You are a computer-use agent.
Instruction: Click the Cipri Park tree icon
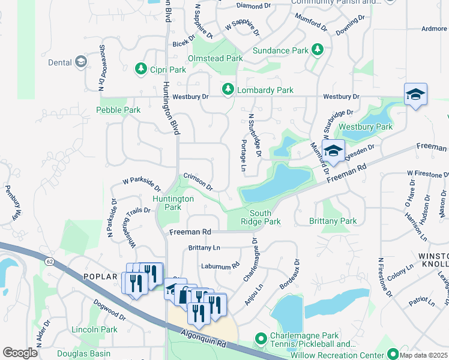coord(141,69)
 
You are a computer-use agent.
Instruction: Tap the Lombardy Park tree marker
coord(228,90)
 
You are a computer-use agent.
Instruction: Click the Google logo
coord(20,353)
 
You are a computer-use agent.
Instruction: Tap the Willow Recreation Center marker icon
coord(393,354)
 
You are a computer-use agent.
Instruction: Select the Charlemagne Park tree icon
coord(260,340)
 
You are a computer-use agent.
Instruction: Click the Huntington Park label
coord(173,203)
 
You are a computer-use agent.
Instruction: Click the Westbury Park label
coord(366,127)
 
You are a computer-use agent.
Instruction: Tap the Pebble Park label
coord(118,110)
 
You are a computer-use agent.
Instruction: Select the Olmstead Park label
coord(215,59)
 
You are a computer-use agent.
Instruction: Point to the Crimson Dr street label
coord(198,182)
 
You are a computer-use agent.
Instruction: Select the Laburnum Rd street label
coord(220,262)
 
